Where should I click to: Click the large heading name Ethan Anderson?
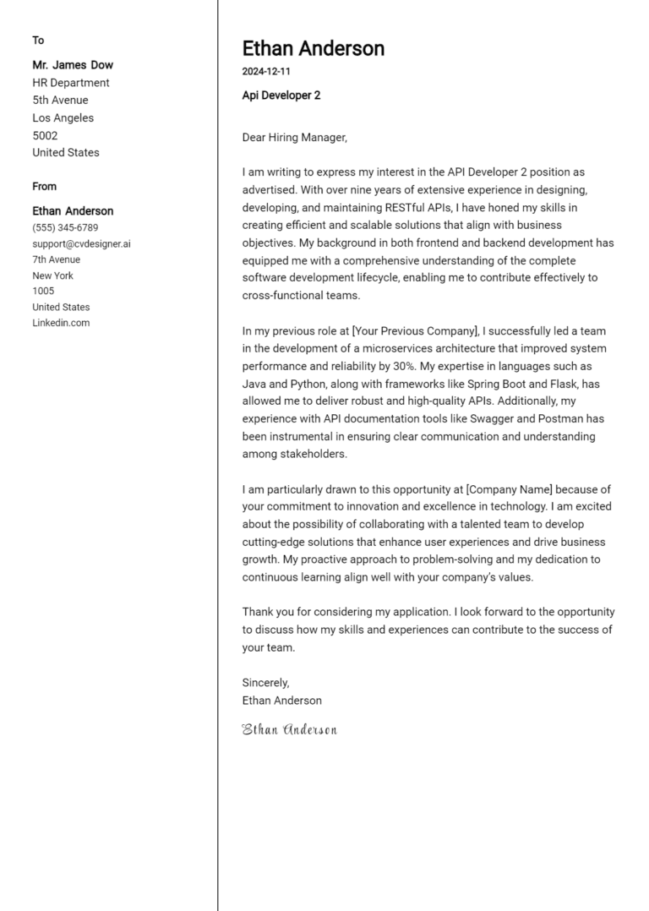[313, 48]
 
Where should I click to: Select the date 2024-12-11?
[266, 72]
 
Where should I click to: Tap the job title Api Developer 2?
[281, 95]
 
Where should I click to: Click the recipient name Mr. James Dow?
[73, 65]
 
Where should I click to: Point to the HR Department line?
[71, 83]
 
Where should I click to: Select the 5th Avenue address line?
[60, 100]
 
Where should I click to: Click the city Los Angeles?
[63, 117]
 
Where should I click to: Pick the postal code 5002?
[45, 135]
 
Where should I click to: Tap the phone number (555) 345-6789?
[65, 227]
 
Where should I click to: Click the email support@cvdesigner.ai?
[81, 243]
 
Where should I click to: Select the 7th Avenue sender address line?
[57, 259]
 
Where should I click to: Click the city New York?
[52, 275]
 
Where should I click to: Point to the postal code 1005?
[43, 291]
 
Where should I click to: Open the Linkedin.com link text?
[61, 323]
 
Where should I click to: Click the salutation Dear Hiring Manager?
[294, 137]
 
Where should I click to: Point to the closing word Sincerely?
[265, 683]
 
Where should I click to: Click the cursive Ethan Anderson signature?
[289, 729]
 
